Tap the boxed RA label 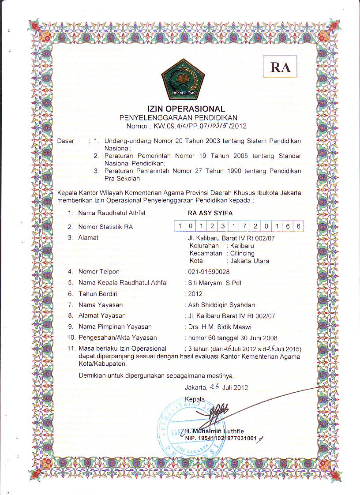[281, 67]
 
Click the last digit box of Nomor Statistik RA [299, 227]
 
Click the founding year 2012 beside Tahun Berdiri [195, 293]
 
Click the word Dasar [66, 141]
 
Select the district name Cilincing [242, 253]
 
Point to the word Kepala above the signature [195, 399]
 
